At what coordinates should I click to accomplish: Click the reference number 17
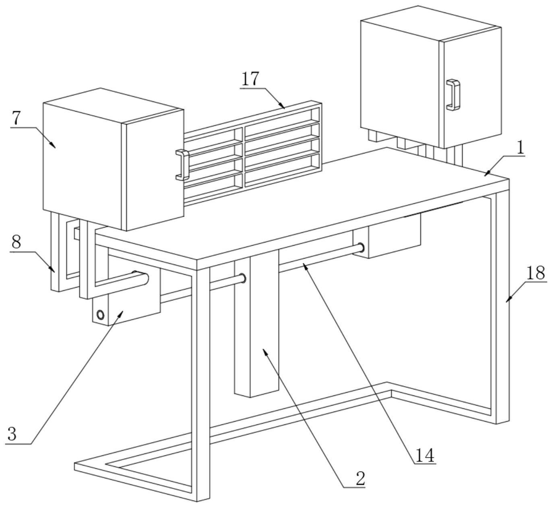pos(250,79)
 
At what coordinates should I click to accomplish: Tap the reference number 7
pos(17,118)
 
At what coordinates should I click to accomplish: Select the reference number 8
pos(17,242)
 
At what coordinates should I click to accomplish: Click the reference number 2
pos(360,478)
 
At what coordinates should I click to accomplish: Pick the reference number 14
pos(425,455)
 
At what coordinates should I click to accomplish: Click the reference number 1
pos(521,148)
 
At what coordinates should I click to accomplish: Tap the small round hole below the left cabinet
pos(100,315)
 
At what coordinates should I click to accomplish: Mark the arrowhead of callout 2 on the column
pos(265,351)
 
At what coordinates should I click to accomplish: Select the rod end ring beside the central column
pos(242,278)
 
